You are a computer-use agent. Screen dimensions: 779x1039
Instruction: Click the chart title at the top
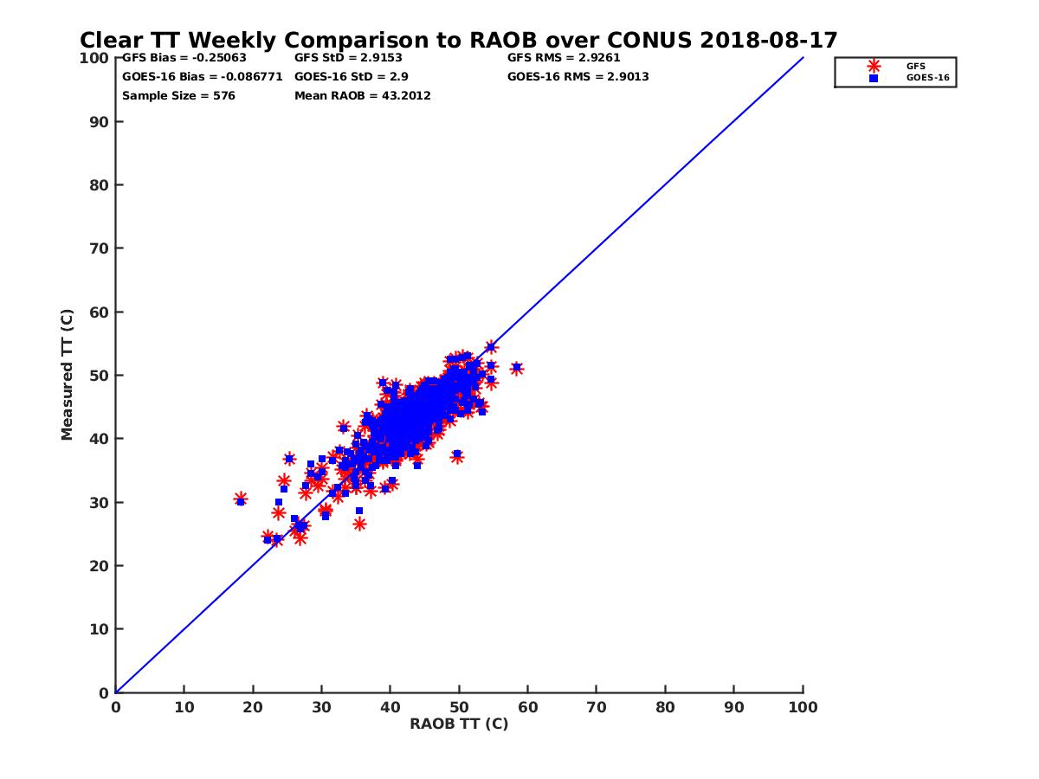click(458, 40)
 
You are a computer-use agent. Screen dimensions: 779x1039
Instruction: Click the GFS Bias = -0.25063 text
click(184, 58)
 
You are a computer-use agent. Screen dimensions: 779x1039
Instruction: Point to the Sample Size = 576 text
click(178, 96)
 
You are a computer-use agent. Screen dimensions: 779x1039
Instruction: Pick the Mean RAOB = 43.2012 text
click(363, 96)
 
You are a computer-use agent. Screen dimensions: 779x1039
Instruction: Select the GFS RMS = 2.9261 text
click(564, 58)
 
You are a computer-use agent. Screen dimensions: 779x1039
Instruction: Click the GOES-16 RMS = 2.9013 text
click(578, 77)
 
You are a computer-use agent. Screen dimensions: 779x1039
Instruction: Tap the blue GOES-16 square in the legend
click(873, 78)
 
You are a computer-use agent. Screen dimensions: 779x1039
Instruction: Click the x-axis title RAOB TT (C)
click(459, 724)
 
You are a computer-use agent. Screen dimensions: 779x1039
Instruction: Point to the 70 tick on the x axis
click(597, 706)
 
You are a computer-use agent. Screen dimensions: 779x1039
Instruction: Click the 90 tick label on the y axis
click(100, 122)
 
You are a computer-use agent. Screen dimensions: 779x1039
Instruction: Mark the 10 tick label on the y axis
click(100, 629)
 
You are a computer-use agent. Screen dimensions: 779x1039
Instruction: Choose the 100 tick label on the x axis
click(803, 706)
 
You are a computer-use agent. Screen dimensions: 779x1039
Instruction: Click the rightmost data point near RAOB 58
click(516, 368)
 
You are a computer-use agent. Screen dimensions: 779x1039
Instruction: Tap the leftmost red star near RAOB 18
click(241, 499)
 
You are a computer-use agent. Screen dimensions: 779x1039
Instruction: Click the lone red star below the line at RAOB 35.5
click(359, 524)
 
